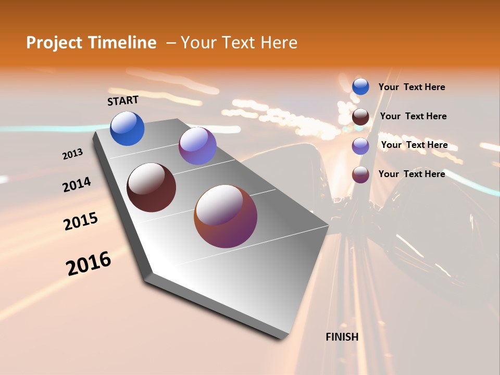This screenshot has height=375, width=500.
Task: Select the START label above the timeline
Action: point(123,101)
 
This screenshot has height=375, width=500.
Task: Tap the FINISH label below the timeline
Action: point(342,337)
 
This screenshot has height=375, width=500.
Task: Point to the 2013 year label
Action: point(73,154)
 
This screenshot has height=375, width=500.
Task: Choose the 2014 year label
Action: point(77,184)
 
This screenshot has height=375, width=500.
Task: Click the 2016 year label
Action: point(89,263)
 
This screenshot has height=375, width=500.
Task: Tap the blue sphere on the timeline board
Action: point(127,129)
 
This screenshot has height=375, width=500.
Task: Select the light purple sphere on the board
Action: point(197,146)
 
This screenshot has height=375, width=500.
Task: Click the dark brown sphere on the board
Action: point(151,187)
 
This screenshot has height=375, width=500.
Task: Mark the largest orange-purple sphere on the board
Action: point(226,216)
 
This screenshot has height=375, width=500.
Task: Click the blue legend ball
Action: point(360,86)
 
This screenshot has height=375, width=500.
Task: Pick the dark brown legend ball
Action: point(360,117)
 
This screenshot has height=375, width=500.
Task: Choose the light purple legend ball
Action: point(360,146)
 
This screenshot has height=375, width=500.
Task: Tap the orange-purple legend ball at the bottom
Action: point(360,174)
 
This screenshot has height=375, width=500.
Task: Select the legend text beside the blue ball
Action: point(411,87)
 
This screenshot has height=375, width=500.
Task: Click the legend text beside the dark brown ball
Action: point(413,116)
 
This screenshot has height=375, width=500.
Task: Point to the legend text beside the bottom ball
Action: point(411,174)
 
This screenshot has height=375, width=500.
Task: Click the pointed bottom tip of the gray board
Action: point(282,337)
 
